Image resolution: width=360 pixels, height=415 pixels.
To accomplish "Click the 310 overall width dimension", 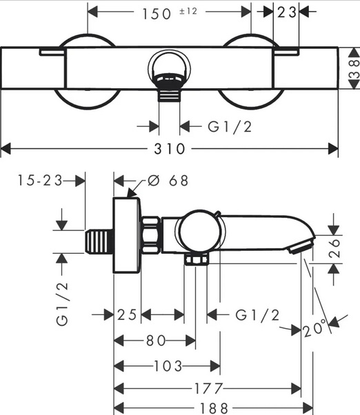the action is point(170,148).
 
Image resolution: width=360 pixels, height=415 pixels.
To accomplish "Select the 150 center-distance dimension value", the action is point(157,14).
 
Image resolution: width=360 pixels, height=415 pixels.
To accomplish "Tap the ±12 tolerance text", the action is point(188,12).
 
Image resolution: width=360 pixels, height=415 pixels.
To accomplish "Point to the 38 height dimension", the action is point(354,68).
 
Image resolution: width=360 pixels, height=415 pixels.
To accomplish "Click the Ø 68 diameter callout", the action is point(168,181).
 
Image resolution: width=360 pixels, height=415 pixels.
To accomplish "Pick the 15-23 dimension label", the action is point(40,180).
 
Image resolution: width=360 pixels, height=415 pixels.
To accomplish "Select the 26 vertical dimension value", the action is point(334,248).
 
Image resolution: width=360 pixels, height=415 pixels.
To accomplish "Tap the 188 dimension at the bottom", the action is point(214,409).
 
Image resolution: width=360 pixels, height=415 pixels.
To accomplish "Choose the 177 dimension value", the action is point(208,389).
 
